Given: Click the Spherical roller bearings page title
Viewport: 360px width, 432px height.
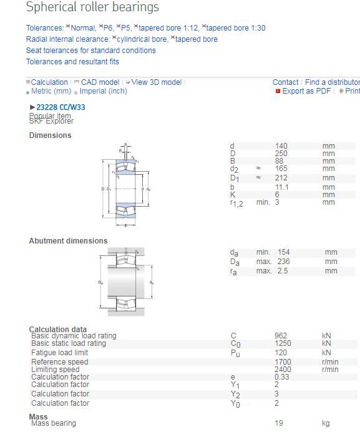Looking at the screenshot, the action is (x=92, y=7).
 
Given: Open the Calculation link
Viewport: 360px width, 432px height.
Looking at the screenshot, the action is (x=49, y=82).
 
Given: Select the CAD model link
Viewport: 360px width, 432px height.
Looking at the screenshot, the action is (x=100, y=82).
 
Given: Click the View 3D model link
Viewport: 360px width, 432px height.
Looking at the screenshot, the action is (x=156, y=82).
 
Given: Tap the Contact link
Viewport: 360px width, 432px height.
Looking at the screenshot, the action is (x=285, y=82).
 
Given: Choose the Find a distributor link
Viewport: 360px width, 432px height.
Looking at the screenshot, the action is (x=332, y=82).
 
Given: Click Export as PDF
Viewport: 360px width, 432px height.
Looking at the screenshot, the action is (x=306, y=91).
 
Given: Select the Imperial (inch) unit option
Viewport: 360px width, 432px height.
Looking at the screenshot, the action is (x=103, y=91).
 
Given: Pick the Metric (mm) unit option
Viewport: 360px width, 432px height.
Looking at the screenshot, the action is (x=51, y=91).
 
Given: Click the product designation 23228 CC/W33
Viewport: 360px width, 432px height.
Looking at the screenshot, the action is (x=61, y=107).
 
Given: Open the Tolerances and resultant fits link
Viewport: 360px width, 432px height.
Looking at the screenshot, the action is (x=72, y=62).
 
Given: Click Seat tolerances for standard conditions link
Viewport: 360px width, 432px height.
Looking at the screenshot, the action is (x=91, y=51).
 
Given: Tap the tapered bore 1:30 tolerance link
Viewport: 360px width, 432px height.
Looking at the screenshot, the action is (x=235, y=28).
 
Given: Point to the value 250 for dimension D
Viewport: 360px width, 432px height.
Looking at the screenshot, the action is (x=281, y=154).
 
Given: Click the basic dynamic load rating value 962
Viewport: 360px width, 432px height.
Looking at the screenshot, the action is (x=281, y=336).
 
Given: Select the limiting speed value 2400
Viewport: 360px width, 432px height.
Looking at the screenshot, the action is (x=283, y=370).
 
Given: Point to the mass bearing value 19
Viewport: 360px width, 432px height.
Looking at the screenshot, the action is (x=278, y=423).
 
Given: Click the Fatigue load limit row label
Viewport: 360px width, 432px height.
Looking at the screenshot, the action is (x=59, y=353).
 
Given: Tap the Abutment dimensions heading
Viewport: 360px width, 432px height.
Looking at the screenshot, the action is (x=68, y=241).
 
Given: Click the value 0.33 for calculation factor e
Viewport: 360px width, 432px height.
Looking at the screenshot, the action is (x=281, y=377).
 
